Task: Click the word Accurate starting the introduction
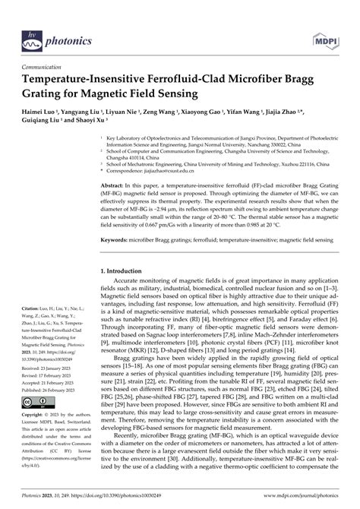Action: pos(129,283)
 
